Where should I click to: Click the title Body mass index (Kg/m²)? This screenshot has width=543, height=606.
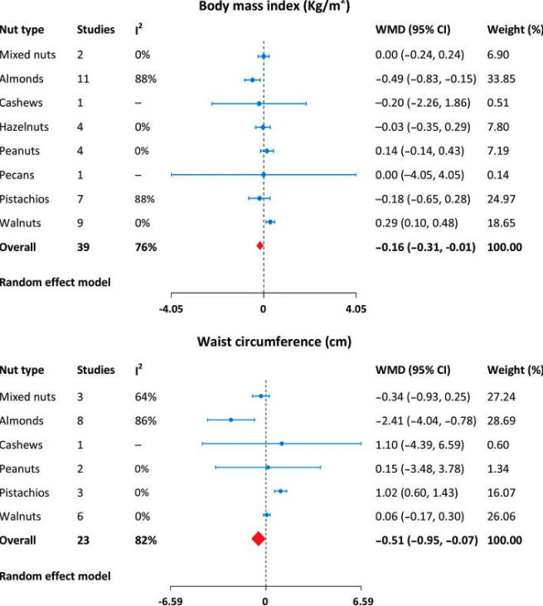273,7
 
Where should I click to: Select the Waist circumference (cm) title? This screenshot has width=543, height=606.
274,341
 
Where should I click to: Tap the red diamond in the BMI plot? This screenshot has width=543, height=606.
259,246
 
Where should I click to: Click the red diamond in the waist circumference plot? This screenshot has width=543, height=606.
258,539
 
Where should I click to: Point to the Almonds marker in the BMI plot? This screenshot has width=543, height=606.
253,80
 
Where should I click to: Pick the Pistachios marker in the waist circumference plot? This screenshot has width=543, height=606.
281,492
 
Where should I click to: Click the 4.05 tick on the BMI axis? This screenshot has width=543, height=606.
355,308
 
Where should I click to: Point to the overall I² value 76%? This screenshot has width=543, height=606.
145,247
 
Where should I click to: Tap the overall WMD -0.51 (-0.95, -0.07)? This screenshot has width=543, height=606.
426,540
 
